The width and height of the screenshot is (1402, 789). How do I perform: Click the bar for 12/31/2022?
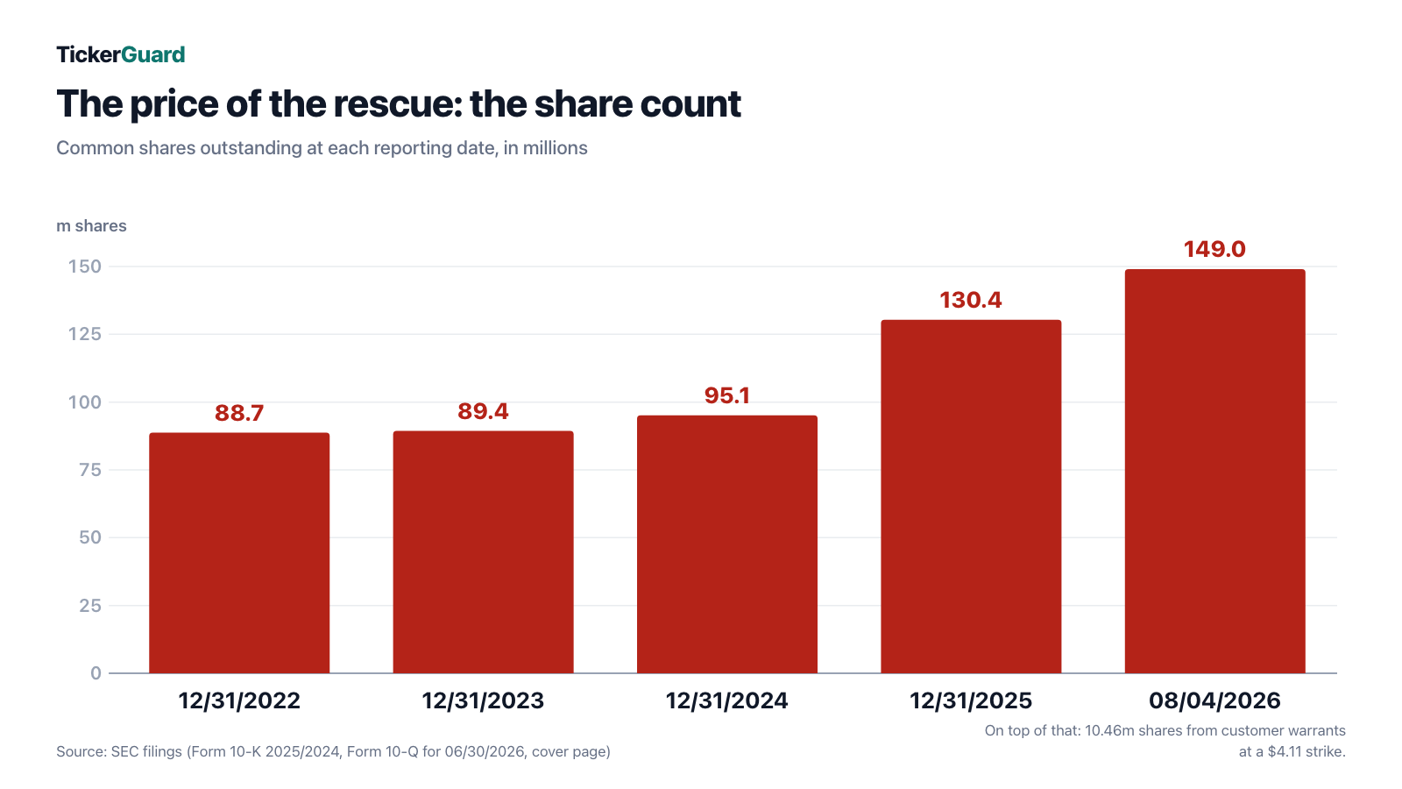click(239, 553)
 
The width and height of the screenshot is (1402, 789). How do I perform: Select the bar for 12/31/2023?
click(483, 551)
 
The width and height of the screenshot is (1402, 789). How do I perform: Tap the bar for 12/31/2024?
click(727, 544)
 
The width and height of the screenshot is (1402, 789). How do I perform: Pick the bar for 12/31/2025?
click(971, 496)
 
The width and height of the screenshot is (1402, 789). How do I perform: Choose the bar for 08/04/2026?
click(1214, 472)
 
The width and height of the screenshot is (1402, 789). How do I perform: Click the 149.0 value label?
click(1214, 249)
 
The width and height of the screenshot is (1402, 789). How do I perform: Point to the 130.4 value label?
click(971, 300)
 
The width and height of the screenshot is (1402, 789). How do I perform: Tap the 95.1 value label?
click(727, 395)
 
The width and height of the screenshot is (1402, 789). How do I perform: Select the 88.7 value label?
click(239, 413)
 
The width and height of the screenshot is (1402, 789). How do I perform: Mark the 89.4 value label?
click(483, 411)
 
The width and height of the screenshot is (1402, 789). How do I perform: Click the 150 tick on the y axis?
click(84, 267)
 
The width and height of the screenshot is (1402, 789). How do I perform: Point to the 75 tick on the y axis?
click(90, 470)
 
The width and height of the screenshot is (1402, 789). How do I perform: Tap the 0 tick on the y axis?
click(96, 673)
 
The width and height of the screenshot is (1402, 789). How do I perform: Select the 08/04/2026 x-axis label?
click(1214, 700)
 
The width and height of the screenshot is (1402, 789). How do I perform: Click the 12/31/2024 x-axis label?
click(727, 700)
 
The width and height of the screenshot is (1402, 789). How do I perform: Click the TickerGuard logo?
click(121, 55)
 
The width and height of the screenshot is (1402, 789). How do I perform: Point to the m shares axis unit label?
click(91, 226)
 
